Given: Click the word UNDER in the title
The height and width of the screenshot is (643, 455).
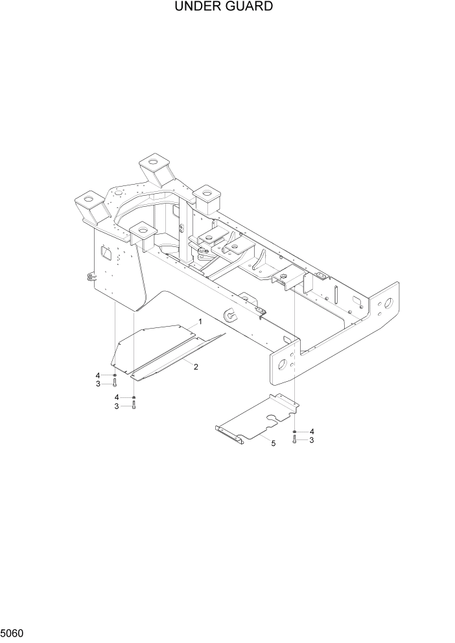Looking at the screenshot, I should pos(196,7).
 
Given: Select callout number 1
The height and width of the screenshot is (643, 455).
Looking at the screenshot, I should pos(200,321).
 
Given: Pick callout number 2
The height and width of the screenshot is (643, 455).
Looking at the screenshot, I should pos(196,367).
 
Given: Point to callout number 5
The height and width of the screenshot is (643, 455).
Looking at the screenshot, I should pos(273,443).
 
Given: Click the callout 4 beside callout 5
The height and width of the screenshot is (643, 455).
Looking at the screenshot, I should pos(312,431).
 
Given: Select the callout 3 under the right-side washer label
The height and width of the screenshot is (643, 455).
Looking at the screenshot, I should pos(312,440).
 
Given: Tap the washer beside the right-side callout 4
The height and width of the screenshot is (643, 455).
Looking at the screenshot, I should pos(295,431).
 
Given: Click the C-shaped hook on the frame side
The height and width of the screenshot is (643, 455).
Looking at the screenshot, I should pos(231,316).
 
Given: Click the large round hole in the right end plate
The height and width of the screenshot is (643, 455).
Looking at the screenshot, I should pos(389,302).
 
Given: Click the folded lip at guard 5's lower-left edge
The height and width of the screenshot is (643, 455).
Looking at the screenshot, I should pos(229,434).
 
